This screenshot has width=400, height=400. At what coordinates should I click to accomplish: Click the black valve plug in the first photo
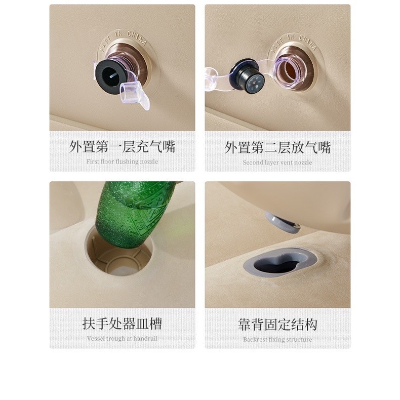tap(111, 76)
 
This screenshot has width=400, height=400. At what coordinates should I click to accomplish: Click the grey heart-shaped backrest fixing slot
tap(280, 262)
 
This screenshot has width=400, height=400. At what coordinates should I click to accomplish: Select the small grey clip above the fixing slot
tap(283, 222)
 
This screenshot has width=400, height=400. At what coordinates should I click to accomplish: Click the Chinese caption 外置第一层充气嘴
tap(122, 147)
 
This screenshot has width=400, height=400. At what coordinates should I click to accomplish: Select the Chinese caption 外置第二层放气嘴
tap(277, 148)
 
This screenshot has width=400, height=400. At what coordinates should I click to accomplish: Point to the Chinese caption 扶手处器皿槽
tap(122, 324)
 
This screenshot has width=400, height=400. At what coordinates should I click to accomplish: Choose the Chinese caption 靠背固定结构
tap(277, 325)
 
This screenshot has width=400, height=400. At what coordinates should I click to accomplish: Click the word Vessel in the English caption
tap(96, 339)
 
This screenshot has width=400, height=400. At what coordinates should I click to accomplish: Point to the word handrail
tap(145, 339)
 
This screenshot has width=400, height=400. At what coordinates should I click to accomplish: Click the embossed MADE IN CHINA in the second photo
tap(293, 42)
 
